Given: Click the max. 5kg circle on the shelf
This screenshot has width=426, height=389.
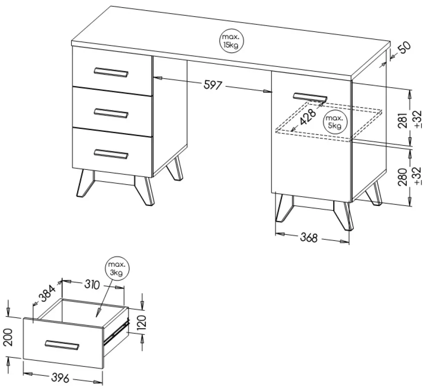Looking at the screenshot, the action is (x=334, y=122).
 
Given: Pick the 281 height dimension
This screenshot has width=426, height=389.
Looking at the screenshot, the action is (x=403, y=120).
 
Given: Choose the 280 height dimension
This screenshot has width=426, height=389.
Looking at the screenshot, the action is (x=403, y=177).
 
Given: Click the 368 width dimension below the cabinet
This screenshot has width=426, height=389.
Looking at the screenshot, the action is (x=308, y=237).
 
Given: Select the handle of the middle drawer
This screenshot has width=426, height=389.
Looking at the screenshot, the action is (x=111, y=113).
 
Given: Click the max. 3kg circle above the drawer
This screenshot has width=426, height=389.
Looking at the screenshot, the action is (x=118, y=268).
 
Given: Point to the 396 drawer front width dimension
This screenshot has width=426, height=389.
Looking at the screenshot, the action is (x=60, y=378).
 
